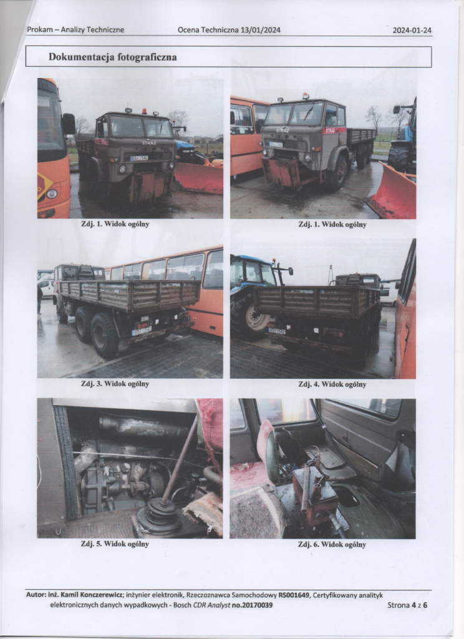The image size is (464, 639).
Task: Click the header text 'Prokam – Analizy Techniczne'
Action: (x=75, y=30)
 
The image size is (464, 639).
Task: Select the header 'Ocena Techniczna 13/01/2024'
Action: (x=229, y=30)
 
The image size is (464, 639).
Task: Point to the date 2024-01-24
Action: (x=412, y=30)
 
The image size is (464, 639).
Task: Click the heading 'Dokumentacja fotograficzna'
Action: (x=113, y=57)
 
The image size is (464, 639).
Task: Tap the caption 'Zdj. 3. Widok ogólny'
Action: (x=115, y=384)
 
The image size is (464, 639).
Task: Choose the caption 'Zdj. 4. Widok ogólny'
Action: (x=332, y=384)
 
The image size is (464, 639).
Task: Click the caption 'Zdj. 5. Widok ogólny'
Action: (x=115, y=544)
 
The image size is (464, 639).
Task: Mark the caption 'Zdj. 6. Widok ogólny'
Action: (x=332, y=544)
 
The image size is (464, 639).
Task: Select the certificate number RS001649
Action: (x=293, y=595)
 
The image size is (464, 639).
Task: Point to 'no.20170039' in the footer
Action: (x=252, y=605)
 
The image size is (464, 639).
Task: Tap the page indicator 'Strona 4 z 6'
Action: (x=407, y=605)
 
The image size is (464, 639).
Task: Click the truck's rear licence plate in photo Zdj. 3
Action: (x=142, y=331)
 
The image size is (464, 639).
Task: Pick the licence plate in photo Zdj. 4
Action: (x=277, y=331)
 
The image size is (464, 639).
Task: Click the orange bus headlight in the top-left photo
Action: (x=51, y=194)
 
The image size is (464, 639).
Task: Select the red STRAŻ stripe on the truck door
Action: (x=334, y=130)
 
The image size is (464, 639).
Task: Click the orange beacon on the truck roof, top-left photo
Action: (x=144, y=111)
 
